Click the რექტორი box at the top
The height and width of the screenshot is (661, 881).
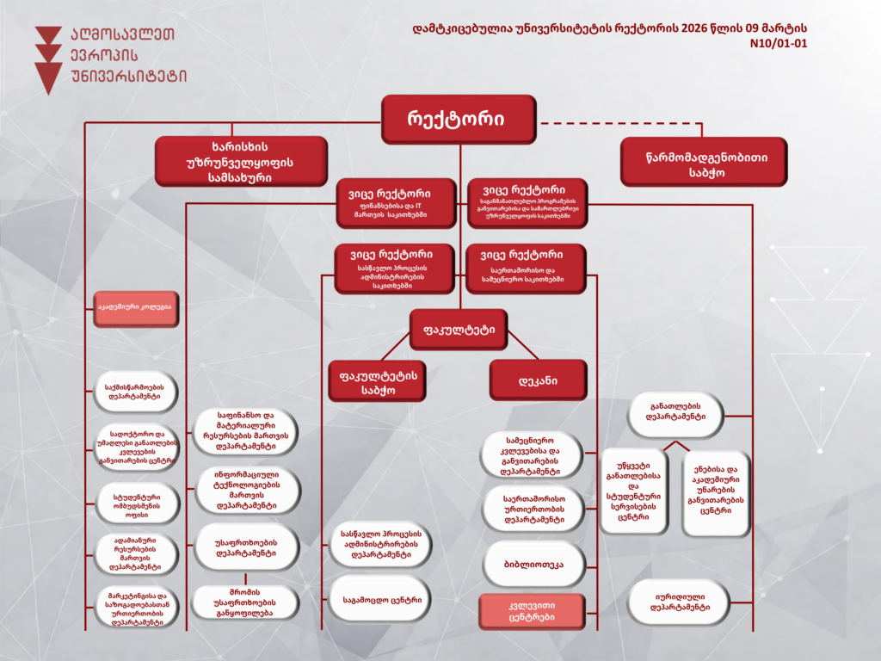pyautogui.click(x=459, y=118)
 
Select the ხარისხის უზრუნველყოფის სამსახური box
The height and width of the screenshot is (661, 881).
pyautogui.click(x=241, y=161)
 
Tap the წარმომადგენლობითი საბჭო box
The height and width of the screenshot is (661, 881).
pyautogui.click(x=704, y=161)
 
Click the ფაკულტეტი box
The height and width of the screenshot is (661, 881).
pyautogui.click(x=459, y=329)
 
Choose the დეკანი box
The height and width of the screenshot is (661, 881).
pyautogui.click(x=538, y=380)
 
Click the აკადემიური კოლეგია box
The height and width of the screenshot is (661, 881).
pyautogui.click(x=135, y=309)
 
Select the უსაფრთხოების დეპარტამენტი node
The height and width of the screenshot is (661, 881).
pyautogui.click(x=246, y=547)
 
